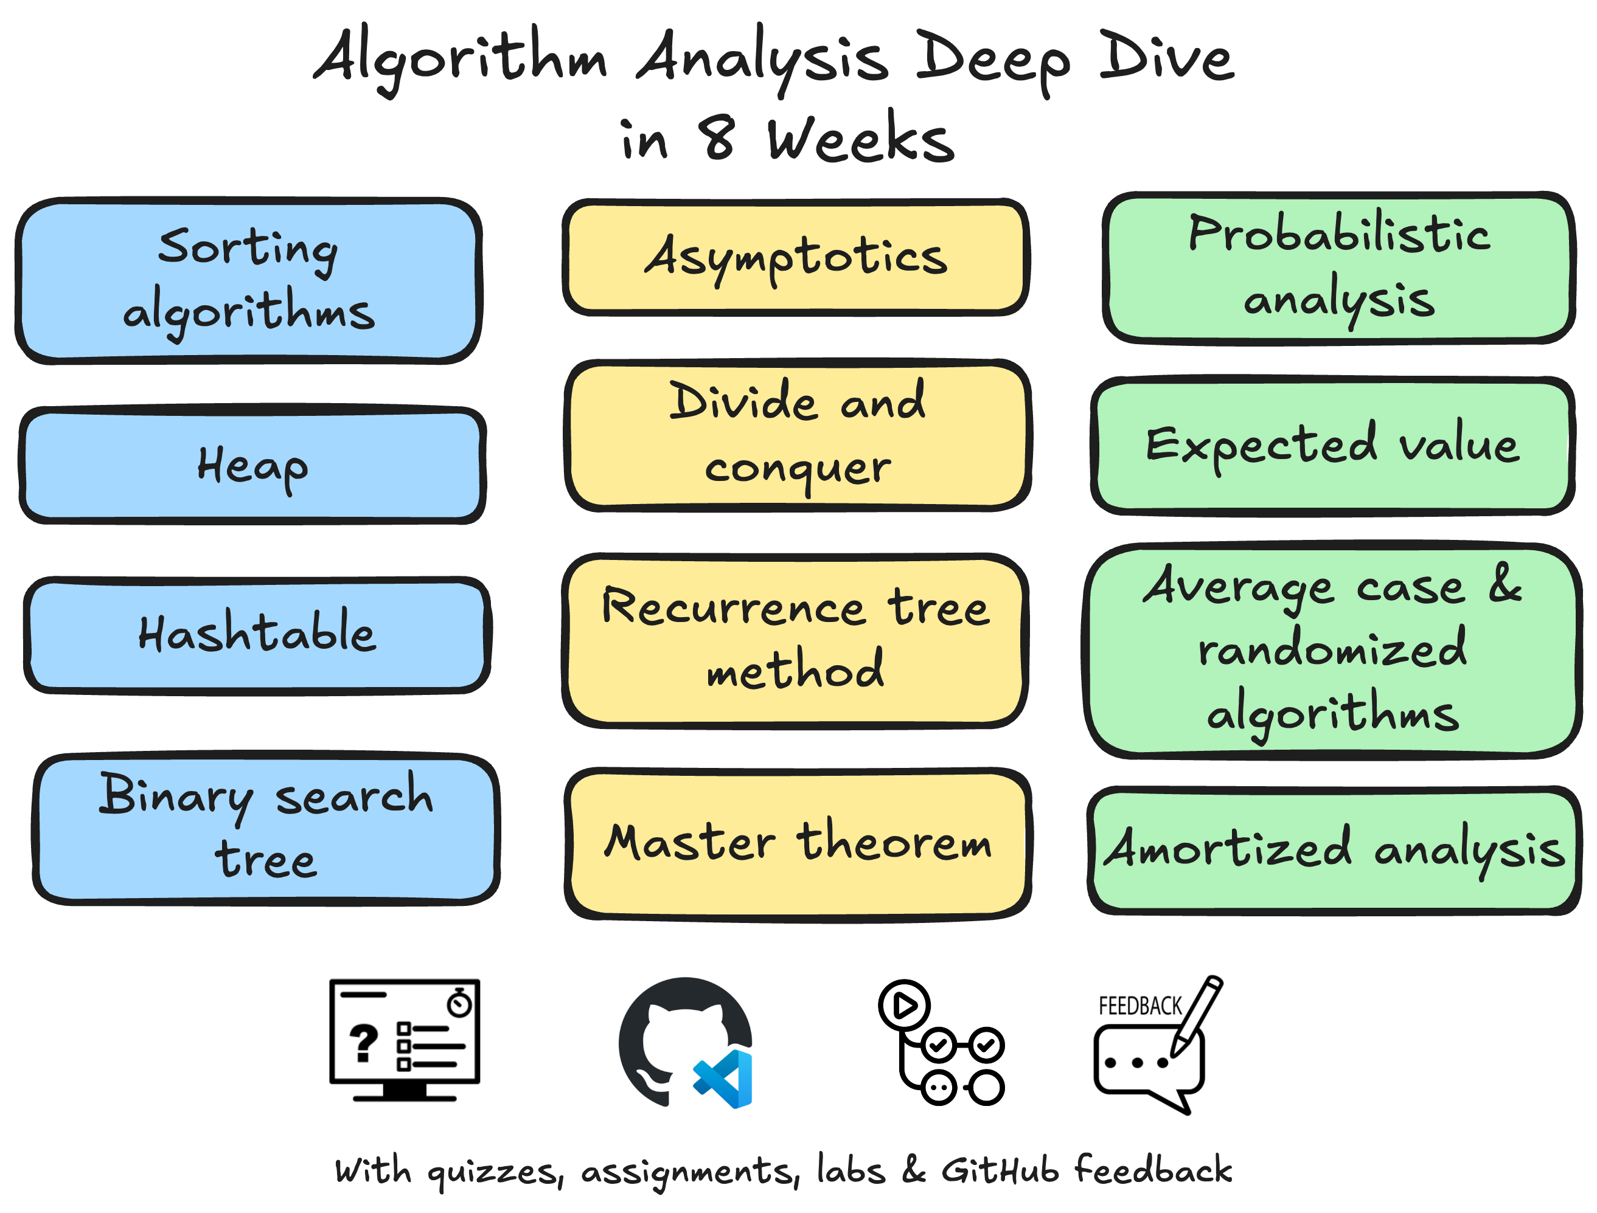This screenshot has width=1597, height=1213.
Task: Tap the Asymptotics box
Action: pos(795,258)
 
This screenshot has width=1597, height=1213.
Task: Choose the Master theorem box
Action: pos(798,843)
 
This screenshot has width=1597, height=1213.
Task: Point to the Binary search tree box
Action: pos(266,828)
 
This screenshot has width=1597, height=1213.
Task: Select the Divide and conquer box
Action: pos(798,435)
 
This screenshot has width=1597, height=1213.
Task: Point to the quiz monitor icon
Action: pos(405,1040)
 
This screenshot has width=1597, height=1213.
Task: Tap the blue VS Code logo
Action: pos(725,1079)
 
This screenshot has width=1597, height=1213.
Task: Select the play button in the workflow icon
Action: pos(904,1004)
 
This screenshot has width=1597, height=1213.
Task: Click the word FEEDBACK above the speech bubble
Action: pos(1139,1006)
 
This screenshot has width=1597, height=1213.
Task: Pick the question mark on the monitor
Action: pos(363,1043)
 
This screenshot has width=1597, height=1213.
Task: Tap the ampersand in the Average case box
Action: pos(1505,584)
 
